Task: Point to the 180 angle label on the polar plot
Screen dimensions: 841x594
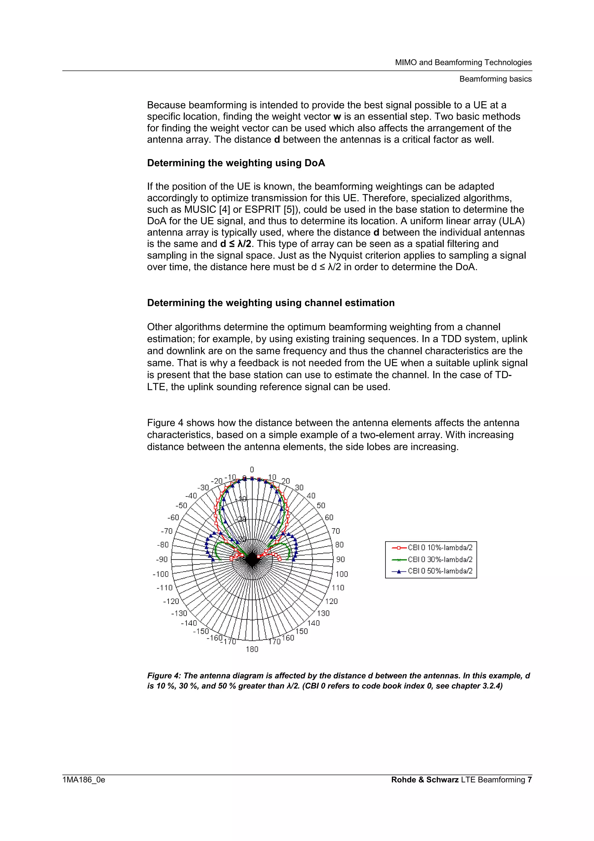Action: pos(252,649)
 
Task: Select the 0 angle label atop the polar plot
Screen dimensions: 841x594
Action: pos(252,470)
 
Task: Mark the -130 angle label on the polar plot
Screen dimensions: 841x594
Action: pos(179,613)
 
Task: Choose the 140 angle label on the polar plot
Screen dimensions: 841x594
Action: pos(313,623)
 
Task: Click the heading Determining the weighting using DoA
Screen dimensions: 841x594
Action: pos(236,163)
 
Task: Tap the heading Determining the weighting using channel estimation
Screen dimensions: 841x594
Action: pos(271,303)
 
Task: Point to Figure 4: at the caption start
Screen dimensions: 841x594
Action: pos(164,676)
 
